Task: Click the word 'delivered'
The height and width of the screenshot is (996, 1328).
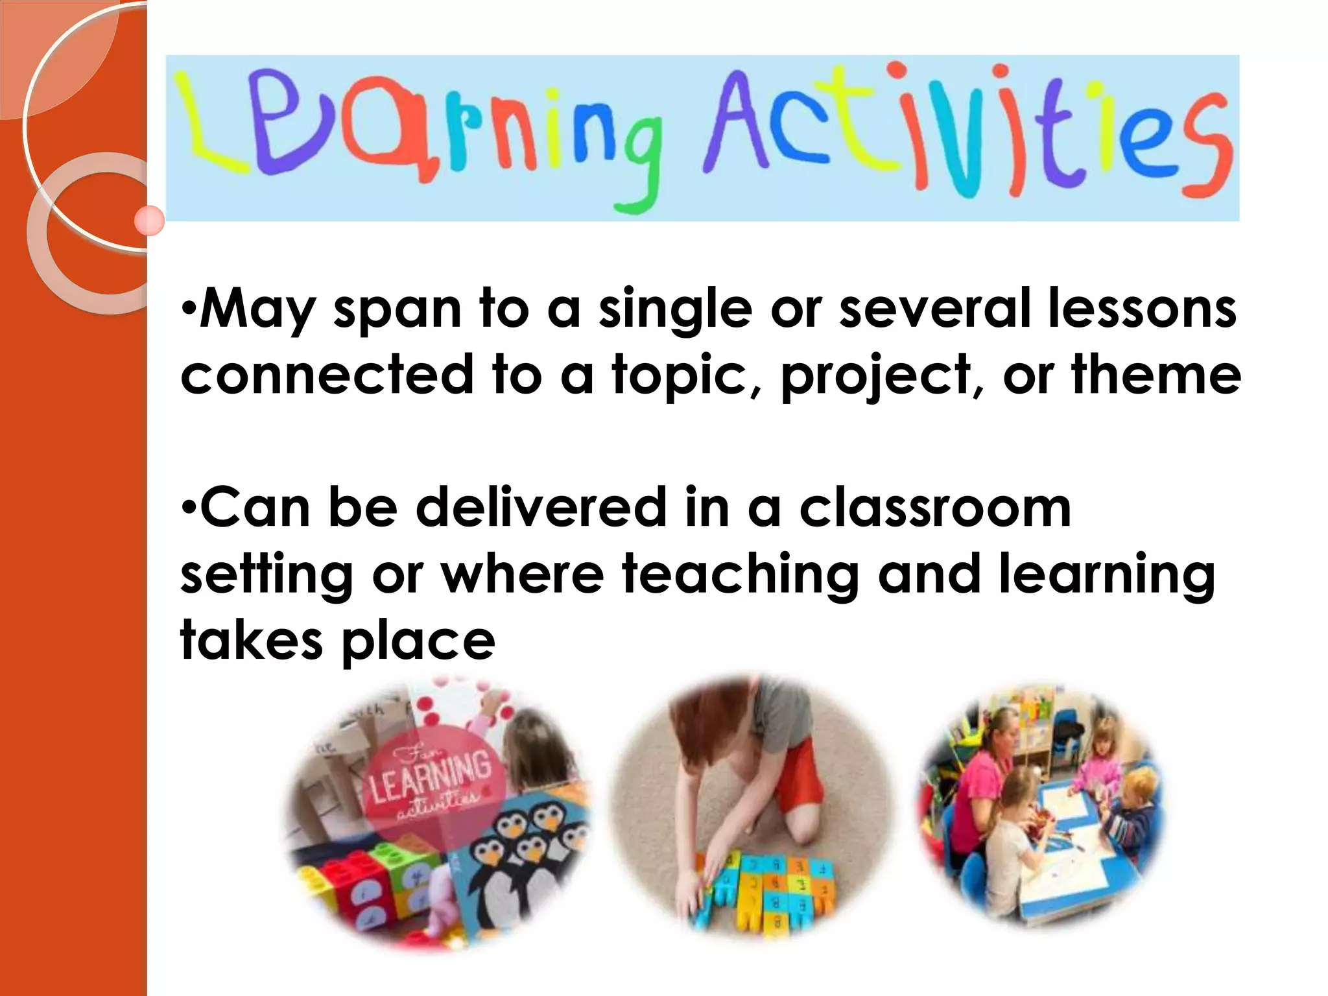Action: (541, 507)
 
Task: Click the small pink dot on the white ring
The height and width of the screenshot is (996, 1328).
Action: (150, 221)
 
